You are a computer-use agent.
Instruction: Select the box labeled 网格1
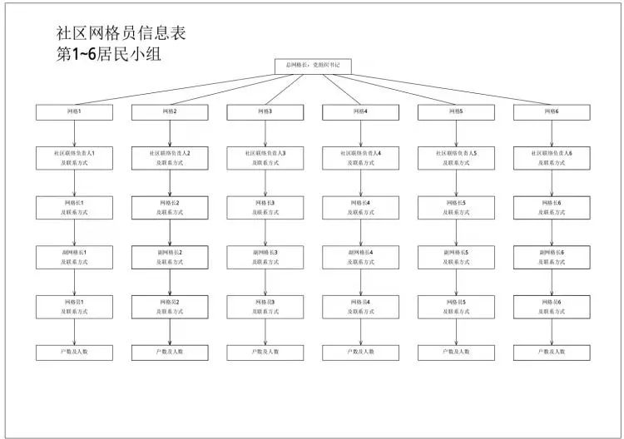pos(74,111)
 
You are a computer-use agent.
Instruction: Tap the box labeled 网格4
pos(361,111)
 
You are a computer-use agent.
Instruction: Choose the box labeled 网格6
pos(552,111)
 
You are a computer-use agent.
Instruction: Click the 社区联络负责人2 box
pos(170,158)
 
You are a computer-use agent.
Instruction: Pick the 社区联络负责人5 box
pos(457,158)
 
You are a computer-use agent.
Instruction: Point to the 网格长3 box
pos(265,207)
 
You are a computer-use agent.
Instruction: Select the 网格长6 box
pos(552,207)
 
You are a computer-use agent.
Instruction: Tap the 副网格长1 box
pos(74,256)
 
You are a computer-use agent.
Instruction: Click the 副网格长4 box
pos(361,256)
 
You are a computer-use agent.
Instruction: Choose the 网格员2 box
pos(170,306)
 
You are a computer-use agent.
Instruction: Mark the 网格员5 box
pos(457,306)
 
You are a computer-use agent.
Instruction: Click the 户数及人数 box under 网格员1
pos(74,352)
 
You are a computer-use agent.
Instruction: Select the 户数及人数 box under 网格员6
pos(552,352)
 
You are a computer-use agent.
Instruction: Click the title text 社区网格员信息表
pos(121,34)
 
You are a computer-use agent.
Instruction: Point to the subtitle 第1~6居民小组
pos(106,55)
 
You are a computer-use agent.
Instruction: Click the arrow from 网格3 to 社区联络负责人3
pos(265,132)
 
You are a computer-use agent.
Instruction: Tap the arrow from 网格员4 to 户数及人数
pos(361,331)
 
